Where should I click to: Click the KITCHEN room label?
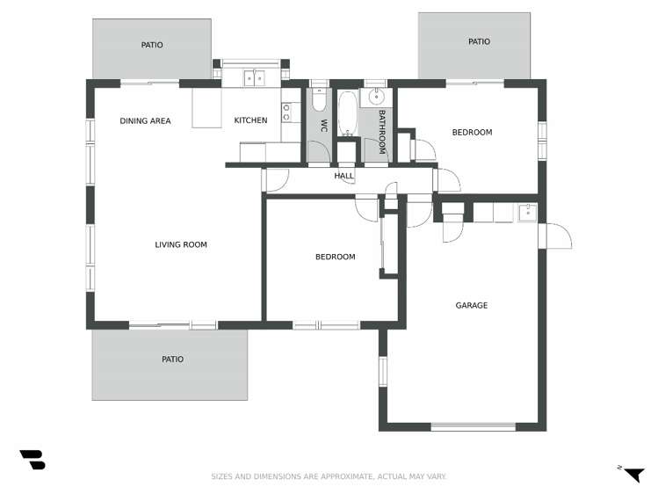tap(250, 120)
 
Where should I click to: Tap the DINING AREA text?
tap(145, 120)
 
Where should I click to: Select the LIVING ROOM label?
tap(181, 244)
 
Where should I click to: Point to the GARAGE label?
tap(471, 306)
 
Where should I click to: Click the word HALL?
tap(343, 176)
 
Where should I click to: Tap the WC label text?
tap(323, 125)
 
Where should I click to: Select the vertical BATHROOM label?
tap(382, 131)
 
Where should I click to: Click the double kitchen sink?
tap(254, 77)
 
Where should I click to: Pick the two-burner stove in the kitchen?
tap(286, 112)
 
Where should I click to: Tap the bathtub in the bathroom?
tap(347, 113)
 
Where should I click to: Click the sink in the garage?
tap(526, 212)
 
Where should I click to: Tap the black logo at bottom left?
tap(33, 459)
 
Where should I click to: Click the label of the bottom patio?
tap(172, 359)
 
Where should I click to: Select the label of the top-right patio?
tap(479, 41)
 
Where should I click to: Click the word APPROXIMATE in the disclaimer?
tap(343, 476)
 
